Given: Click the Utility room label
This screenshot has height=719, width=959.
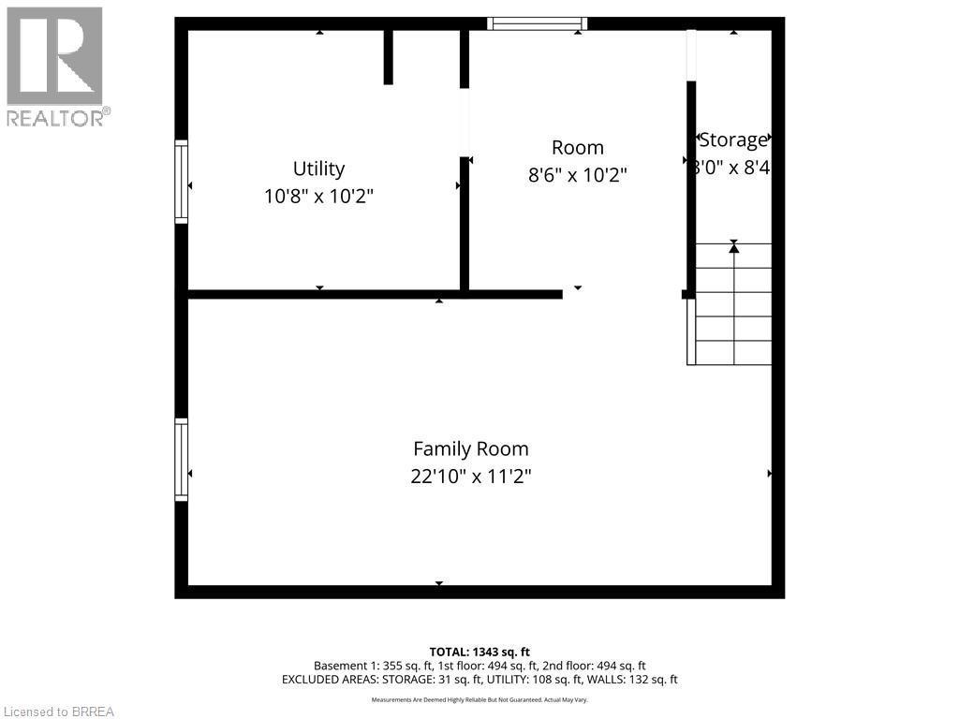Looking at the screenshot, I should click(x=318, y=169).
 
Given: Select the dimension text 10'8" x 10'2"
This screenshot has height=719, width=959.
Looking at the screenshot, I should click(x=318, y=197).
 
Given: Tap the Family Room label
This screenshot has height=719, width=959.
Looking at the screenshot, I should click(x=471, y=448).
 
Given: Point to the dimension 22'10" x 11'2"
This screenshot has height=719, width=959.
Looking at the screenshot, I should click(x=471, y=477).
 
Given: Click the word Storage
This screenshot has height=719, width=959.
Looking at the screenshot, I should click(x=734, y=140).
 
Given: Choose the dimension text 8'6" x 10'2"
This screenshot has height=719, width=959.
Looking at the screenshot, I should click(x=577, y=175).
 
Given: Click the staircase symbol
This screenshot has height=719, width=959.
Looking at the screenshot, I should click(x=732, y=304).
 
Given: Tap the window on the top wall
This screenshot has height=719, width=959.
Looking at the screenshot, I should click(x=538, y=23).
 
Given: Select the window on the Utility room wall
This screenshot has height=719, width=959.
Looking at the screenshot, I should click(x=182, y=182).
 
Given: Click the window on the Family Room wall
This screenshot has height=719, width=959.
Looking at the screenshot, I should click(x=182, y=460).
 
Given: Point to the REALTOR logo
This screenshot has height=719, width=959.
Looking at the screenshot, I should click(x=55, y=66).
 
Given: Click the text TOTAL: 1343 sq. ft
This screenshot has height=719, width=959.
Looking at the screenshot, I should click(x=479, y=652).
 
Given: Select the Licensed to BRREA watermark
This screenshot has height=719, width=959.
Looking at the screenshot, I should click(x=58, y=712).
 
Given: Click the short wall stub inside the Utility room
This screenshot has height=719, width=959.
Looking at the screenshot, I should click(x=388, y=57).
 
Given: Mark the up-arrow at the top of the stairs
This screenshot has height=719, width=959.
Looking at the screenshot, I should click(x=734, y=247).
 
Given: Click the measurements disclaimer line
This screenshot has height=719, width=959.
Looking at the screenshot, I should click(x=479, y=699).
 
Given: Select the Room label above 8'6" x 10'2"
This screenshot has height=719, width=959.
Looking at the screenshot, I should click(x=577, y=147).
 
